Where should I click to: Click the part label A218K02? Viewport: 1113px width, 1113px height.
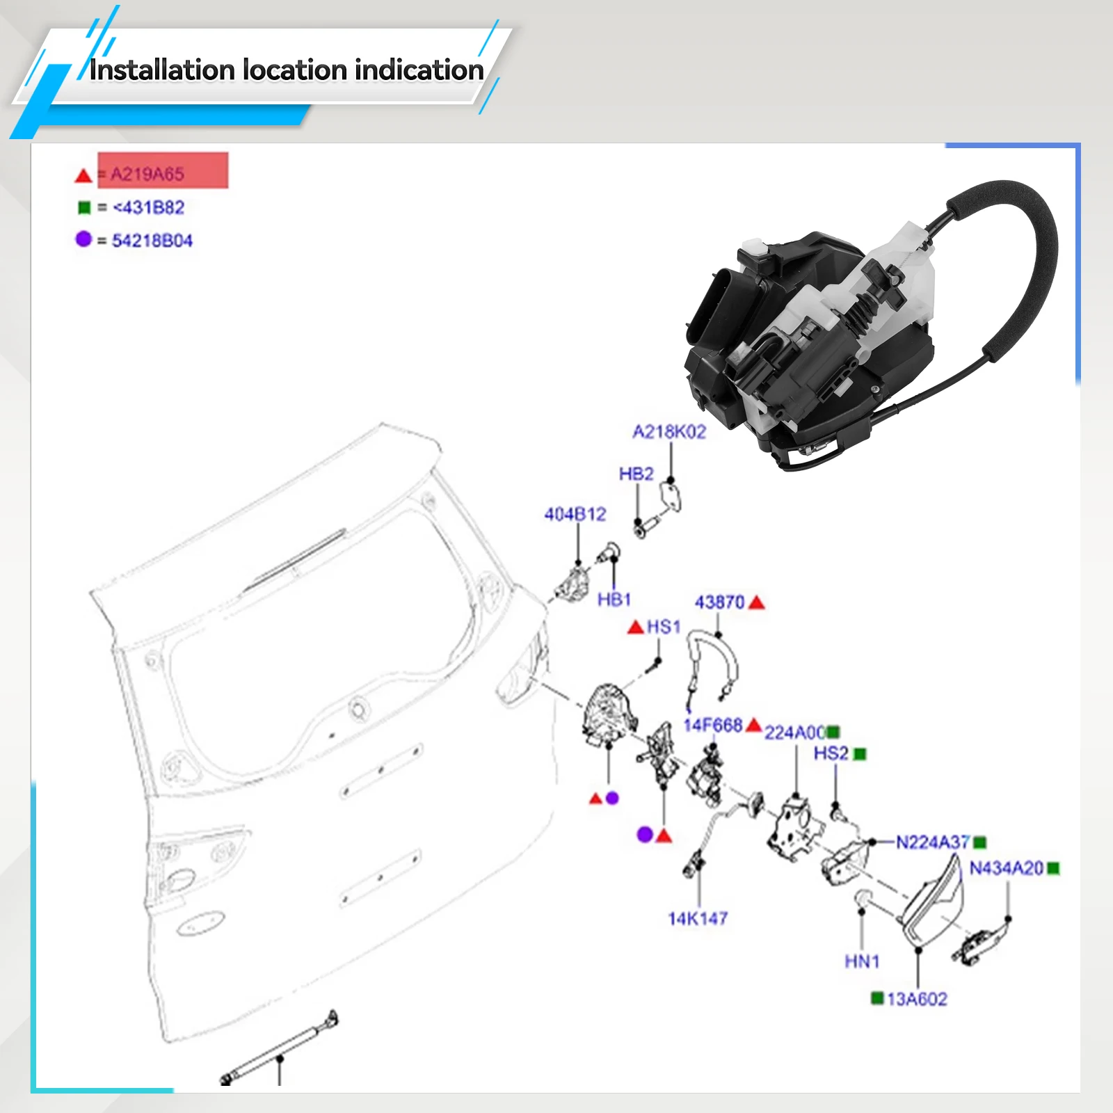tap(668, 432)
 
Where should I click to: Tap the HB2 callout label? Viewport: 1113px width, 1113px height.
tap(636, 474)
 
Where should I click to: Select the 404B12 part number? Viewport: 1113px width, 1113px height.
tap(575, 514)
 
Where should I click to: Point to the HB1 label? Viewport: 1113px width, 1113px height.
tap(614, 600)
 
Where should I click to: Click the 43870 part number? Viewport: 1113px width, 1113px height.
tap(719, 602)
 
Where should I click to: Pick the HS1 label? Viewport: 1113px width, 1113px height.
tap(663, 627)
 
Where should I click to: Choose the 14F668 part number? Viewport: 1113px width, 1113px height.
tap(712, 726)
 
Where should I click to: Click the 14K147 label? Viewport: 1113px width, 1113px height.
tap(698, 919)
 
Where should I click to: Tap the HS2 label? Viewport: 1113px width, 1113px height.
tap(831, 753)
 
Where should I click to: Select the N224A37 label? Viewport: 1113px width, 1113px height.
tap(932, 842)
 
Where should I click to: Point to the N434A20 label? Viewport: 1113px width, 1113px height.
tap(1006, 868)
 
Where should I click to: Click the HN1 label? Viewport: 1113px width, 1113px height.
tap(862, 962)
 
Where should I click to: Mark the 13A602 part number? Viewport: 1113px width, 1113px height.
tap(917, 1000)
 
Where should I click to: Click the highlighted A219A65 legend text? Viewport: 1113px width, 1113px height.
tap(147, 174)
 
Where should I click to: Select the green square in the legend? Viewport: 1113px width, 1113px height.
tap(84, 208)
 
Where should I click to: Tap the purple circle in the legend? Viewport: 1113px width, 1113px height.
tap(83, 239)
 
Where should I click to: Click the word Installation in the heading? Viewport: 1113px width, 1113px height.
tap(161, 70)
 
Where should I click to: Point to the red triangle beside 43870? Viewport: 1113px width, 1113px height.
tap(757, 602)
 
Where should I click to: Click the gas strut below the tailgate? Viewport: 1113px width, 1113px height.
tap(278, 1046)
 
